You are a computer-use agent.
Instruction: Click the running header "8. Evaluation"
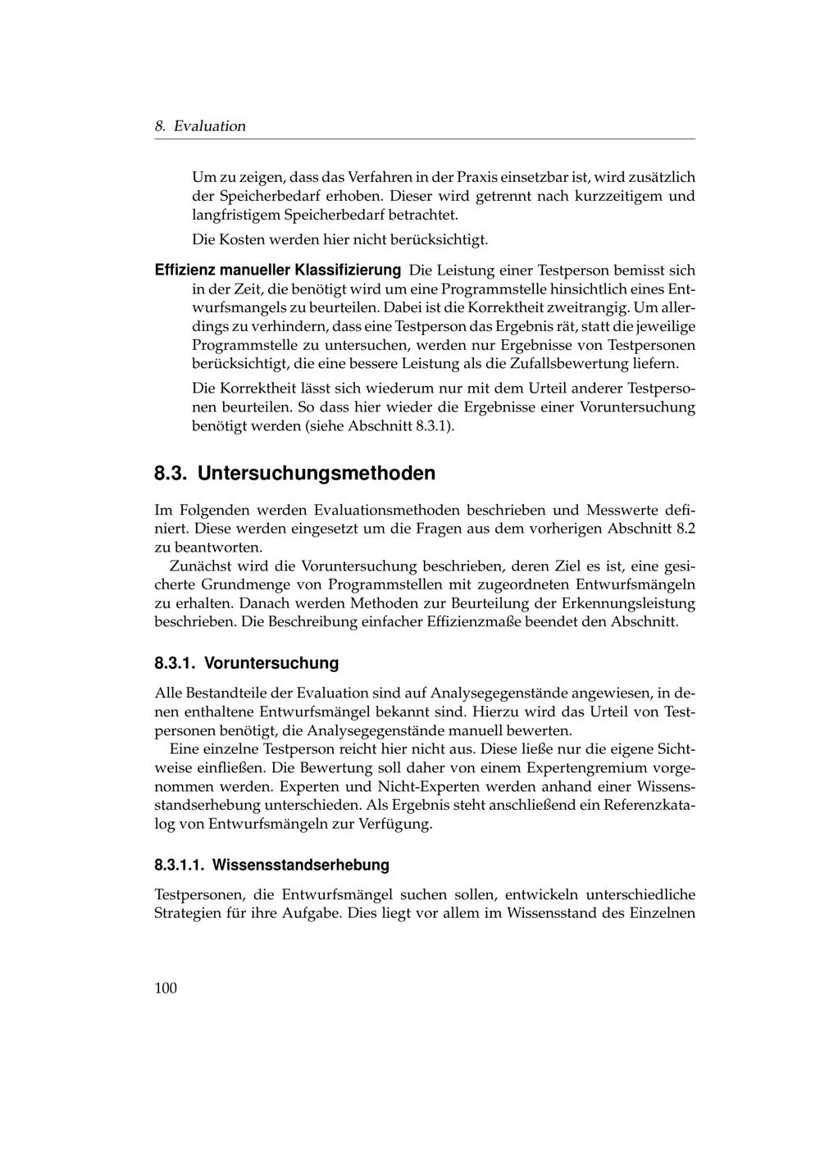(x=200, y=126)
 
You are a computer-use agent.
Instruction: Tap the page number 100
(x=166, y=988)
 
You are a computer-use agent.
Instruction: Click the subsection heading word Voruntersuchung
(x=271, y=662)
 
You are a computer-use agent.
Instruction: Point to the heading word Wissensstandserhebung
(x=301, y=865)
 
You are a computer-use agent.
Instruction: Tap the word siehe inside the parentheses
(x=326, y=426)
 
